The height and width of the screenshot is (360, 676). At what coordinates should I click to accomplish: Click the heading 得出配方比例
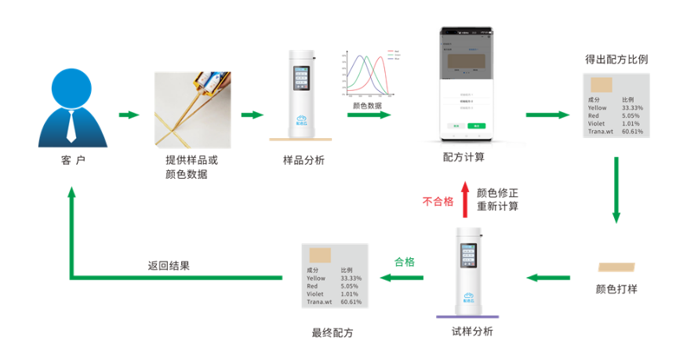(x=616, y=60)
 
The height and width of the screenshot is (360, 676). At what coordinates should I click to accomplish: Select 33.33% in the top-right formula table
(x=632, y=108)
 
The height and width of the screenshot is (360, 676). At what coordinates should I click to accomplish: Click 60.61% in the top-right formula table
(x=632, y=132)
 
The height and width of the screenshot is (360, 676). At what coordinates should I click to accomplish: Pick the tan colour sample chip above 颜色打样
(x=617, y=267)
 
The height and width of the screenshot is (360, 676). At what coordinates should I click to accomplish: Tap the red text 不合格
(x=438, y=201)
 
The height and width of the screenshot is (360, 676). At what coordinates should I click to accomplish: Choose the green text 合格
(x=404, y=261)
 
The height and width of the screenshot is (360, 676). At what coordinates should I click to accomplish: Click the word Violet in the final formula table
(x=315, y=294)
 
